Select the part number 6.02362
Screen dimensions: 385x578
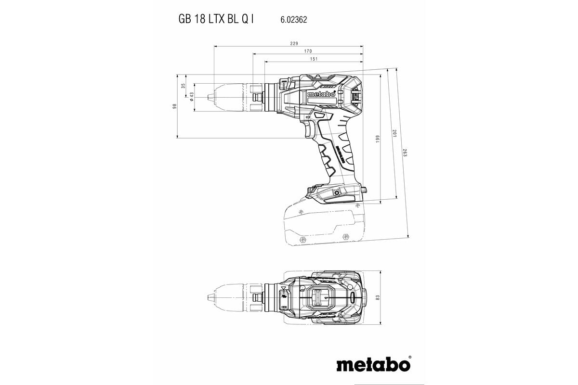[x=294, y=20]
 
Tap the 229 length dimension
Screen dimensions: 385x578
[x=293, y=43]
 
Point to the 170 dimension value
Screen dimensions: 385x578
[x=308, y=51]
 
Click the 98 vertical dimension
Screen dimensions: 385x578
[x=174, y=106]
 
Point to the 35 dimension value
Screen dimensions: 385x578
[x=183, y=86]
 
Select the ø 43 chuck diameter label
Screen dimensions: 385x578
[x=191, y=97]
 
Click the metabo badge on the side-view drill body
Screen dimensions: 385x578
[x=321, y=95]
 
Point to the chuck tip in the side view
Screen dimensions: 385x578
[x=208, y=98]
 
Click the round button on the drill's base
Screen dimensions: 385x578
[x=335, y=192]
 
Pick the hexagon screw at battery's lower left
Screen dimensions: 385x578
[x=302, y=239]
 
